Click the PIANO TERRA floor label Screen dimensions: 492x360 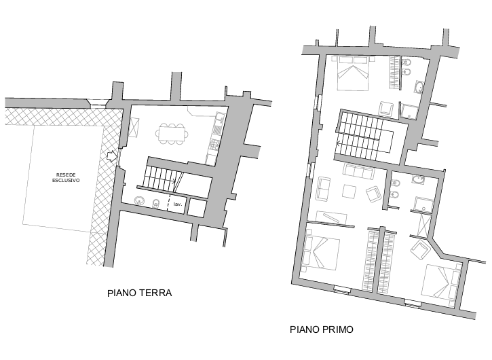pyautogui.click(x=140, y=293)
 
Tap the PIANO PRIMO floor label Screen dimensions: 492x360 pyautogui.click(x=322, y=329)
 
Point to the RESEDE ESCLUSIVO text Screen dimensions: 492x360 pyautogui.click(x=66, y=177)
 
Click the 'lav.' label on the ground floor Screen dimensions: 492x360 pyautogui.click(x=178, y=204)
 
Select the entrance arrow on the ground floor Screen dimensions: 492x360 pyautogui.click(x=111, y=156)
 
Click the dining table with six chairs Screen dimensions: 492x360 pyautogui.click(x=171, y=134)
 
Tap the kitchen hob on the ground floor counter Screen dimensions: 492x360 pyautogui.click(x=214, y=144)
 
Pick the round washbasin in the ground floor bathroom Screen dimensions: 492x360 pyautogui.click(x=139, y=200)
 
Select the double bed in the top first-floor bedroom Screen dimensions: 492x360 pyautogui.click(x=353, y=73)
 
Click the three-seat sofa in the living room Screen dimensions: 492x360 pyautogui.click(x=359, y=172)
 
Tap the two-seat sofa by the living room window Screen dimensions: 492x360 pyautogui.click(x=323, y=188)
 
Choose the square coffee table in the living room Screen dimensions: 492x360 pyautogui.click(x=349, y=192)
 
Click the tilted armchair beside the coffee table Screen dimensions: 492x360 pyautogui.click(x=373, y=194)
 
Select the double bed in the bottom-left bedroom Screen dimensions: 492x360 pyautogui.click(x=321, y=253)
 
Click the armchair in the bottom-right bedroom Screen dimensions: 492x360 pyautogui.click(x=420, y=249)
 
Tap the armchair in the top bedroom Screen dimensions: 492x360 pyautogui.click(x=386, y=109)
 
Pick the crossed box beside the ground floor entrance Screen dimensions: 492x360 pyautogui.click(x=134, y=128)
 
